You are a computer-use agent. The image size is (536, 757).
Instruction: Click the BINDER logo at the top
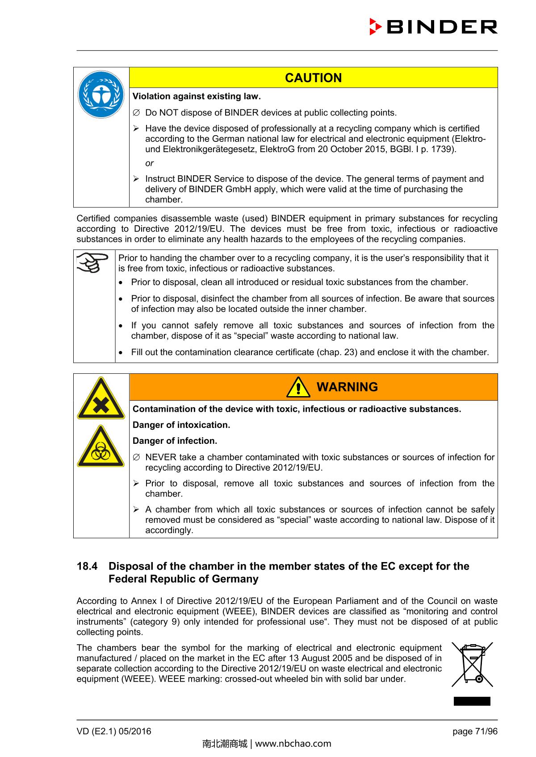click(433, 27)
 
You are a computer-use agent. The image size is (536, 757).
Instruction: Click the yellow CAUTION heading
click(313, 78)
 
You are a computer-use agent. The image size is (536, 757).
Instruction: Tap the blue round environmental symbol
click(101, 95)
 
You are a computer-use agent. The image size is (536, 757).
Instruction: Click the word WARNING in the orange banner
click(347, 387)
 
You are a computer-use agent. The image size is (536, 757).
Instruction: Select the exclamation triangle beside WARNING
click(298, 387)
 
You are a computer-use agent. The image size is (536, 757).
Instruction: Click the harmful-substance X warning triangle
click(101, 399)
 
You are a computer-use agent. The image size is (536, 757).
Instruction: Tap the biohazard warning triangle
click(101, 447)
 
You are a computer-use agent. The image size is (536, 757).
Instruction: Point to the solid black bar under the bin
click(472, 701)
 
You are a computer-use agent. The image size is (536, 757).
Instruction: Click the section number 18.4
click(87, 566)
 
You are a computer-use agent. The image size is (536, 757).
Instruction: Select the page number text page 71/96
click(475, 731)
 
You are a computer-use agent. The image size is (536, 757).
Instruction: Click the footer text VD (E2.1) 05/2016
click(114, 731)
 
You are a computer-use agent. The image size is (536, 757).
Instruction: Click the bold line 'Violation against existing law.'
click(197, 96)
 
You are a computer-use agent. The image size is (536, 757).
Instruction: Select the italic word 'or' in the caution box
click(149, 163)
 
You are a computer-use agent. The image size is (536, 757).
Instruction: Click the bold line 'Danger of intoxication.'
click(181, 425)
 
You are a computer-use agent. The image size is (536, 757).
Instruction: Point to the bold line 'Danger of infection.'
click(175, 441)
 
